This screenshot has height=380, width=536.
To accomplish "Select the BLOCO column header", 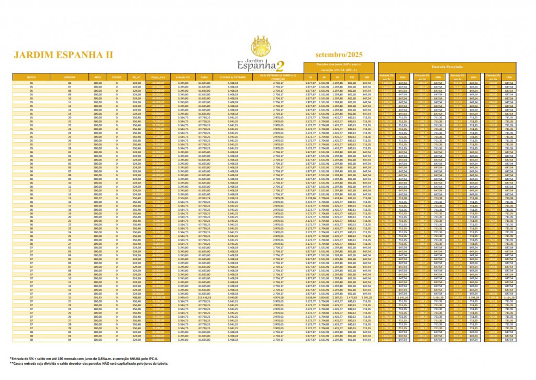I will [31, 77].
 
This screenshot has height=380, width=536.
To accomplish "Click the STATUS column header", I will [117, 77].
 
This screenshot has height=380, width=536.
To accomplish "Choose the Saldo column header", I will [204, 77].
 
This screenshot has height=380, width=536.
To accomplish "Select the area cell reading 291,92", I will [98, 298].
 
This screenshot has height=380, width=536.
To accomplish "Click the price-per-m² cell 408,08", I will [137, 298].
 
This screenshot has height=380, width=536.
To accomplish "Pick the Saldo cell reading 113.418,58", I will [204, 298].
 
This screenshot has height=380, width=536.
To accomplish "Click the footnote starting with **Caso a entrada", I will [89, 363].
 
